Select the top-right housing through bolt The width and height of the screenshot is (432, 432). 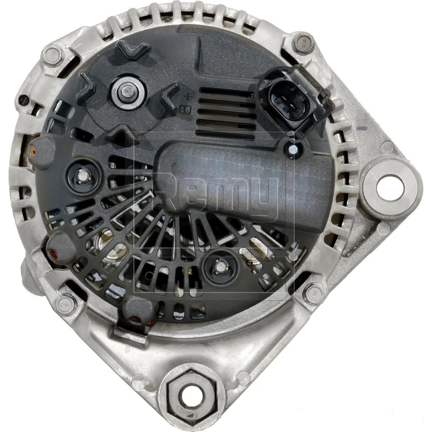(x=302, y=43)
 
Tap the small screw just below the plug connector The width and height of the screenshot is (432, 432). (x=292, y=148)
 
